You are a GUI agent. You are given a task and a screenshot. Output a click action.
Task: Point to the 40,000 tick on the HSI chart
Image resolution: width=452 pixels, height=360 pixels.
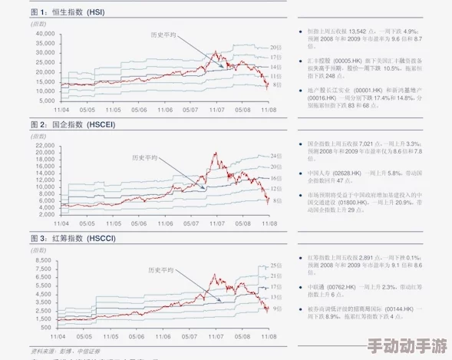point(45,35)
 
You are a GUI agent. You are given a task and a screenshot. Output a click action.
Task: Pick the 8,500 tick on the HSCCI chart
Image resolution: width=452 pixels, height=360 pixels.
point(47,261)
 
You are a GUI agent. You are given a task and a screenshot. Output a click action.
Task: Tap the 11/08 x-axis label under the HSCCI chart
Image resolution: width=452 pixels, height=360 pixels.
point(269,336)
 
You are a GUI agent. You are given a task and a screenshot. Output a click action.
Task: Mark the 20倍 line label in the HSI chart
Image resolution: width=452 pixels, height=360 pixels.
point(275,47)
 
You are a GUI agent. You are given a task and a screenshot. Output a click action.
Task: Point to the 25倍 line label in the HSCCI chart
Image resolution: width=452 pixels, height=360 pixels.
point(275,266)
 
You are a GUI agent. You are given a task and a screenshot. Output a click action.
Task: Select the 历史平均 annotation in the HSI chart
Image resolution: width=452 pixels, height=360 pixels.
point(163,35)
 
